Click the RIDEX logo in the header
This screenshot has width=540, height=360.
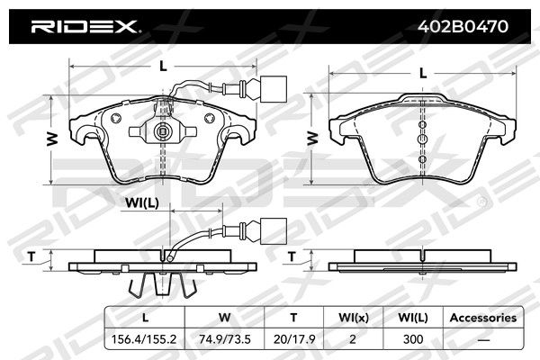(84, 26)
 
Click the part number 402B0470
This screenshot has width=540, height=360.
(463, 26)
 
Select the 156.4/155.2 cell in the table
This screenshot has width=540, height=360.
(144, 339)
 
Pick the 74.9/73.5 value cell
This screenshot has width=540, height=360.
(224, 339)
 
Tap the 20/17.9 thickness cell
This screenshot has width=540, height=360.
(294, 339)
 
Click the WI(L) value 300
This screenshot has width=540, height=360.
(413, 339)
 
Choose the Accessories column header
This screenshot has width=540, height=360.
(483, 318)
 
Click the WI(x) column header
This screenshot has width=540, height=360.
(354, 318)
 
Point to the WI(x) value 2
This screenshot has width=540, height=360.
(352, 339)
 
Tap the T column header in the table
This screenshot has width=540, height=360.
(293, 318)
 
